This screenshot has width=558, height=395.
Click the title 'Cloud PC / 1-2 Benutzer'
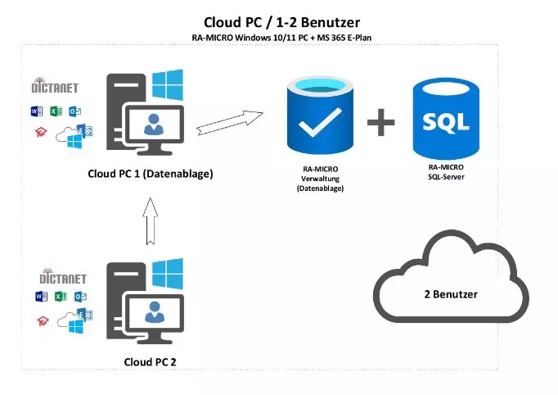[281, 23]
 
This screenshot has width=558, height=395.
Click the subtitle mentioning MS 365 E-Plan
[281, 38]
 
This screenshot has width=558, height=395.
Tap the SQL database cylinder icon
[446, 119]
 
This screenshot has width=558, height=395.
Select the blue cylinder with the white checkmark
[320, 116]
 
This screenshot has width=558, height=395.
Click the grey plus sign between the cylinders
[380, 122]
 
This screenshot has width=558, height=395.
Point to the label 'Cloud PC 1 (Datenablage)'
[151, 174]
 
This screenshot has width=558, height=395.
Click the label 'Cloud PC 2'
[150, 362]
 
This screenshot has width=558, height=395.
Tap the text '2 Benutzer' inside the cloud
[451, 294]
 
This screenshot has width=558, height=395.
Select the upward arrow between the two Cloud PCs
[151, 221]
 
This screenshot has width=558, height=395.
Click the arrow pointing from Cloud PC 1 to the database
[230, 123]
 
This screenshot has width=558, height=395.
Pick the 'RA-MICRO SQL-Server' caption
[446, 172]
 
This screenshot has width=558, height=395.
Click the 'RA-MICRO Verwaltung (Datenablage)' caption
[320, 179]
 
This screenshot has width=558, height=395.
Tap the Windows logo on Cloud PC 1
[168, 85]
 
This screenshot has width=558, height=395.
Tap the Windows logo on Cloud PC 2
[168, 274]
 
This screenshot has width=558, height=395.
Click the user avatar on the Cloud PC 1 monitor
[154, 124]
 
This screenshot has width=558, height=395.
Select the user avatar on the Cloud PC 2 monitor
[155, 312]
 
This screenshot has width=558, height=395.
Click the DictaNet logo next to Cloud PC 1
[55, 85]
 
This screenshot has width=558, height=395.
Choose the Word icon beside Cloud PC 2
[41, 297]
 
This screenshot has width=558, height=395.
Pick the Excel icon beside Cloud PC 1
[56, 111]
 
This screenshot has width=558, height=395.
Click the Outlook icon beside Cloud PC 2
[80, 297]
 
